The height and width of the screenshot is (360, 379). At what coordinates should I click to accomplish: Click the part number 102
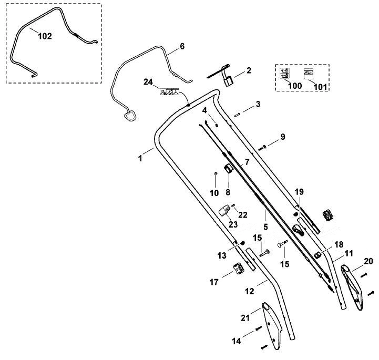45,36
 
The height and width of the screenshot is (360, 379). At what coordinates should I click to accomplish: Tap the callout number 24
148,82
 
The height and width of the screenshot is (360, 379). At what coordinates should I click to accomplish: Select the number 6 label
182,46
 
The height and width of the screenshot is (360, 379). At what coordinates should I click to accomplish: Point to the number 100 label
295,86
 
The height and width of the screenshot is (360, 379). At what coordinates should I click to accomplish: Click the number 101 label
320,87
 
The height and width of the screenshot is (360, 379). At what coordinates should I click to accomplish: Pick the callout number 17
214,282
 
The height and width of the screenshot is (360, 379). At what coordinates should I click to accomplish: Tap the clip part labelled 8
228,168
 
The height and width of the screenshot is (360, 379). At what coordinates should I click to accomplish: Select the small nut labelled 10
216,173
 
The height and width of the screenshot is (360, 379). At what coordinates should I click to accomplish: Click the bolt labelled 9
262,148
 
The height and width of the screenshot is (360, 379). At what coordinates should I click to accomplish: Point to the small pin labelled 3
237,115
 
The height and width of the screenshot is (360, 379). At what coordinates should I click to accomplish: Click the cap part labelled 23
224,210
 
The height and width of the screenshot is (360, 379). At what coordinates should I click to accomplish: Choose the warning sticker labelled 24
169,92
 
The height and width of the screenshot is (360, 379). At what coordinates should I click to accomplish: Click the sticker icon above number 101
308,74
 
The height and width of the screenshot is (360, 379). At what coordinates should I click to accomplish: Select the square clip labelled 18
317,255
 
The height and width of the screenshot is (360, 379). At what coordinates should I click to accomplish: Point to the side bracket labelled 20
352,287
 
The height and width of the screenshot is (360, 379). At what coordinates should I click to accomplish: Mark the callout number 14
237,341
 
